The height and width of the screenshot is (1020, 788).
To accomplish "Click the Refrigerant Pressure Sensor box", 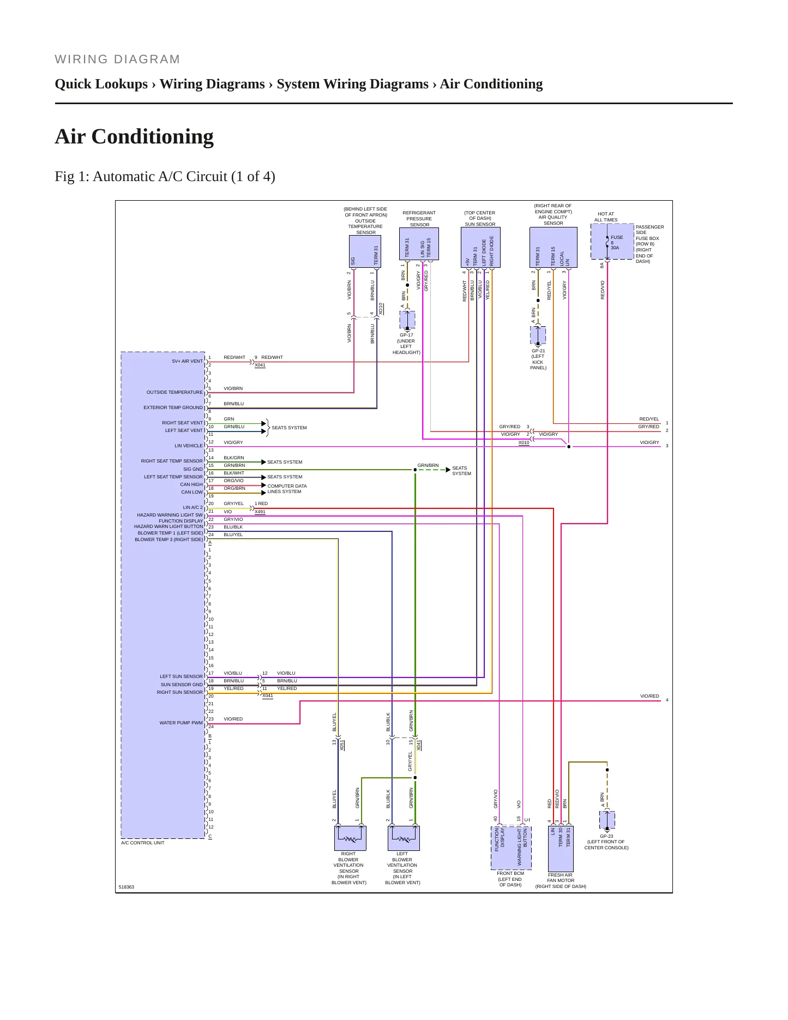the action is (x=419, y=244).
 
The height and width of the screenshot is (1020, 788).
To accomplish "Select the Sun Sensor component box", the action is (x=480, y=248).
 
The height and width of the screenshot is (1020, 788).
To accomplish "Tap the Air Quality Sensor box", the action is (x=554, y=248).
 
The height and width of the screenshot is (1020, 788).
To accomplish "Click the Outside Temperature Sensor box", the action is (x=365, y=251).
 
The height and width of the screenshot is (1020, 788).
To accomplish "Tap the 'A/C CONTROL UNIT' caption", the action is (x=143, y=843).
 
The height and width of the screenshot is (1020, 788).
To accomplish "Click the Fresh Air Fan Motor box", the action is (x=561, y=849).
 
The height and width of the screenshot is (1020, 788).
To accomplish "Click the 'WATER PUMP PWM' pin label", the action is (x=181, y=723).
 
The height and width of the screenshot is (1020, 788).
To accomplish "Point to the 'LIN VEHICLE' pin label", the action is (x=189, y=446).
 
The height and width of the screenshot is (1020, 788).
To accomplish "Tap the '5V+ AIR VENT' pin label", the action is (x=188, y=361).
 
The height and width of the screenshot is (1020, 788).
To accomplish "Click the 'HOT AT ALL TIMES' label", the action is (x=606, y=217).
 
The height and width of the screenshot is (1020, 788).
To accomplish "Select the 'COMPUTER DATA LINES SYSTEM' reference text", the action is (x=287, y=489).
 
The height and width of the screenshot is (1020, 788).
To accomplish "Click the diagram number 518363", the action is (x=127, y=887).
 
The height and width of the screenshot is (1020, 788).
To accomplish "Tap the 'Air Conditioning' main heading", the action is (x=134, y=136).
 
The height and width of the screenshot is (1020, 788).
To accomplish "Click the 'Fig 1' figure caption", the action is (x=165, y=177).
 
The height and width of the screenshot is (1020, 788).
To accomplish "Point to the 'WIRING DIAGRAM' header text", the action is (x=117, y=59).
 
